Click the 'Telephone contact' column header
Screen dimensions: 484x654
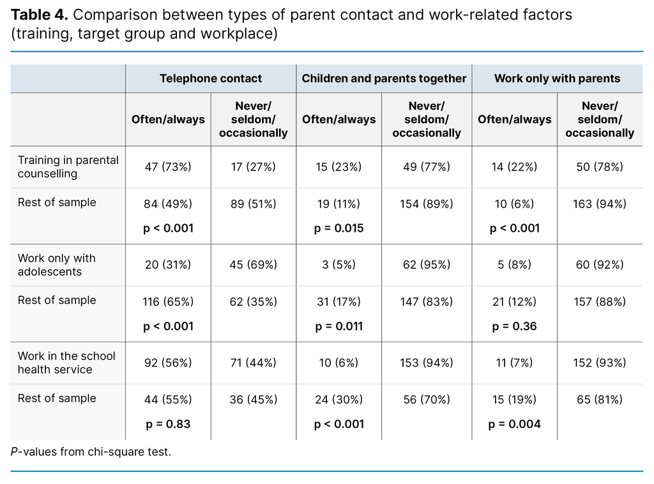210,79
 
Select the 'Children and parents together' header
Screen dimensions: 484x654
384,79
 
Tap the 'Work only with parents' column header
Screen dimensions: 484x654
557,79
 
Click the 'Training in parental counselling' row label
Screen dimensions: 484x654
68,167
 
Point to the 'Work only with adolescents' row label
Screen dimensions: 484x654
56,264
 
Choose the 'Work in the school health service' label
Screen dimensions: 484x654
66,363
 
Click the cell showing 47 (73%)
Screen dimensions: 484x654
168,167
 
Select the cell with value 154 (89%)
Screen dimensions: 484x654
426,204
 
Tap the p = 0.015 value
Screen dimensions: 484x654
338,228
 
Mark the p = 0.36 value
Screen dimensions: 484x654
514,326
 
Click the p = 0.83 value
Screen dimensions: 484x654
167,424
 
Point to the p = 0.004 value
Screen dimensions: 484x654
514,424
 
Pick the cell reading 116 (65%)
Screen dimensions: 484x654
168,302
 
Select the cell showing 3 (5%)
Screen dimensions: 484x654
338,264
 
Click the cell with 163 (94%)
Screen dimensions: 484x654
599,204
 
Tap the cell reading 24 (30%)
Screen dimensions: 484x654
338,400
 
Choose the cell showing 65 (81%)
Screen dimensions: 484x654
599,400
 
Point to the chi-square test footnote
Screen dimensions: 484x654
91,452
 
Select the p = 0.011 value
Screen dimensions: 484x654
338,326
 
